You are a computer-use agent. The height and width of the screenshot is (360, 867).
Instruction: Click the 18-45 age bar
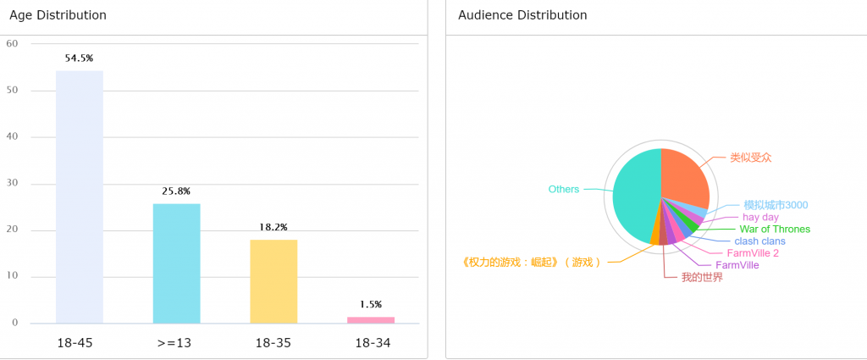pos(80,197)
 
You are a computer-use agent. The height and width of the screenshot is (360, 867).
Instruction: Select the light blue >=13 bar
pos(176,263)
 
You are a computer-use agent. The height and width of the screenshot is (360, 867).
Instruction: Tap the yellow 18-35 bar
pos(273,281)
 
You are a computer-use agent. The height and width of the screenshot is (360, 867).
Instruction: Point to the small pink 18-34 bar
pos(371,319)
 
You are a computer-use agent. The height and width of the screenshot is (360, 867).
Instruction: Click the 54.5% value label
pos(80,58)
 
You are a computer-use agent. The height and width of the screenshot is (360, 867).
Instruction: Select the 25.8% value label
pos(176,191)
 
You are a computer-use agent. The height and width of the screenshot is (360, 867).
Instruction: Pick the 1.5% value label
pos(371,304)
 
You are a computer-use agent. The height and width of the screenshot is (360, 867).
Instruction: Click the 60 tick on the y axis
pos(12,44)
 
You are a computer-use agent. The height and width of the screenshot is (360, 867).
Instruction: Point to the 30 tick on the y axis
pos(12,184)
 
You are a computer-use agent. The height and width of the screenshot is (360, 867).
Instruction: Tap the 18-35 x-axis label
pos(273,343)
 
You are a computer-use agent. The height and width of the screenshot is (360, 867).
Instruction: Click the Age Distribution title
pos(58,15)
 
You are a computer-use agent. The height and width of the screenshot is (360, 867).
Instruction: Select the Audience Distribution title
pos(522,15)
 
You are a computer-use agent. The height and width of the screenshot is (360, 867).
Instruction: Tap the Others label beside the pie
pos(564,189)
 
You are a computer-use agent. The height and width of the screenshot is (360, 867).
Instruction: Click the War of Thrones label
pos(775,229)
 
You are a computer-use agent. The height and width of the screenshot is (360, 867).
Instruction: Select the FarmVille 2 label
pos(753,253)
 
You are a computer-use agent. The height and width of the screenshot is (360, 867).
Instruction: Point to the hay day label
pos(760,217)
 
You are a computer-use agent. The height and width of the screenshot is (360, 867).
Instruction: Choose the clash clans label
pos(759,241)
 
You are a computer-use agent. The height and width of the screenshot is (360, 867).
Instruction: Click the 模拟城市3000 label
pos(776,205)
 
